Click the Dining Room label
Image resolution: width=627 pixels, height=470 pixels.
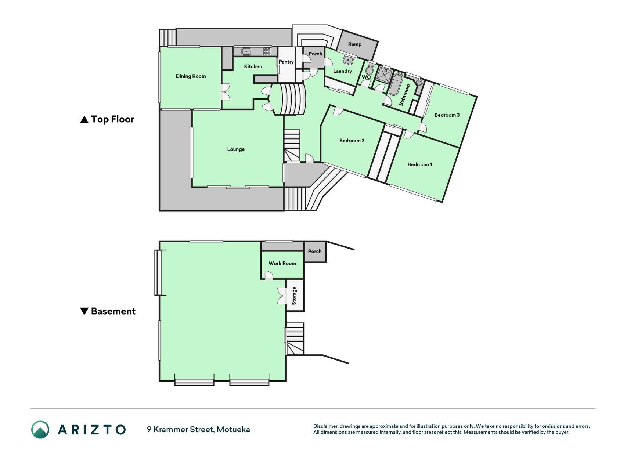tap(191, 76)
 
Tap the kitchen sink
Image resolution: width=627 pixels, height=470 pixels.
tap(246, 51)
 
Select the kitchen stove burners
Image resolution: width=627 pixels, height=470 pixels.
tap(267, 51)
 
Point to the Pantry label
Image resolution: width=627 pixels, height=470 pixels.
tap(286, 62)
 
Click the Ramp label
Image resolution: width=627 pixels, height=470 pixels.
tap(355, 44)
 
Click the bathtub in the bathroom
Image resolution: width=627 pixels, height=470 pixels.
tap(396, 84)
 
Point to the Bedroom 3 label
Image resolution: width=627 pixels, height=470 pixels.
tap(447, 115)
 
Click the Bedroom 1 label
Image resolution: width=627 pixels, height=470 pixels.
tap(420, 164)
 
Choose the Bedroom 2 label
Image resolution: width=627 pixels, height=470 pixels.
tap(352, 141)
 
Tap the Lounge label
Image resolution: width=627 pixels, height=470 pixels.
tap(236, 149)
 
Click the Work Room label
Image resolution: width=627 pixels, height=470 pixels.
tap(282, 263)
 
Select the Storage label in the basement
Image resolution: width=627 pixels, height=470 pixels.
tap(294, 296)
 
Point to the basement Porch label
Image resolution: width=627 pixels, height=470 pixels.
tap(315, 251)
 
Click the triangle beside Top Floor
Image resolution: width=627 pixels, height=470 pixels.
tap(84, 120)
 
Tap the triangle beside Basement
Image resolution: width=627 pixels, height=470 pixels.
tap(84, 311)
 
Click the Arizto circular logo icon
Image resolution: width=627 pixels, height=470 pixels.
tap(40, 430)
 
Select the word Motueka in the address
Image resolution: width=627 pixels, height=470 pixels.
tap(233, 430)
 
